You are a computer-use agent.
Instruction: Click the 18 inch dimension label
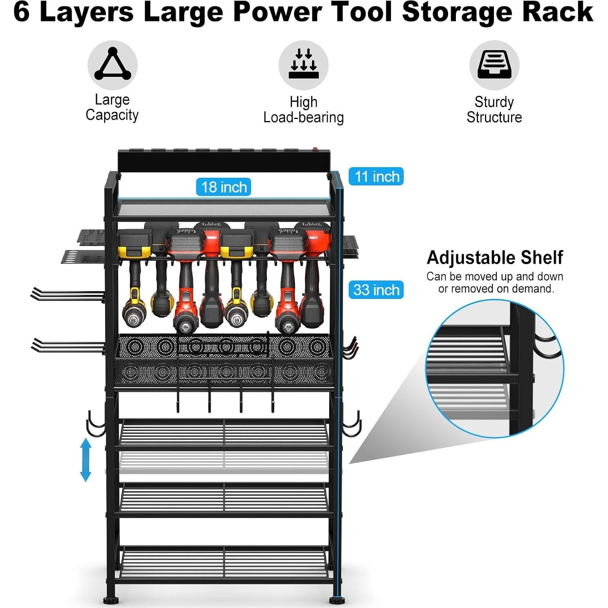(x=223, y=187)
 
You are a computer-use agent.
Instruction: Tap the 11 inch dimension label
(x=376, y=177)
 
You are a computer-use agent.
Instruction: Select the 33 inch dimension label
(x=376, y=290)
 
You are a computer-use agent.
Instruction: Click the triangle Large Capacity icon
(x=112, y=65)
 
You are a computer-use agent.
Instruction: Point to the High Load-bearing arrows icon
(x=303, y=65)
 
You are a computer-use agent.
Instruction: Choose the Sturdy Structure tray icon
(x=494, y=65)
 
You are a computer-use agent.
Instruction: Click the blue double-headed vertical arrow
(x=85, y=460)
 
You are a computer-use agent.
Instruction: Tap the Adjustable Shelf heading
(x=495, y=258)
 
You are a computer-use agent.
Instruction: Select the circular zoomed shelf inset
(x=495, y=368)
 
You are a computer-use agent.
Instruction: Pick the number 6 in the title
(x=21, y=12)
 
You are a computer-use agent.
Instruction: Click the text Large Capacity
(x=112, y=108)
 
